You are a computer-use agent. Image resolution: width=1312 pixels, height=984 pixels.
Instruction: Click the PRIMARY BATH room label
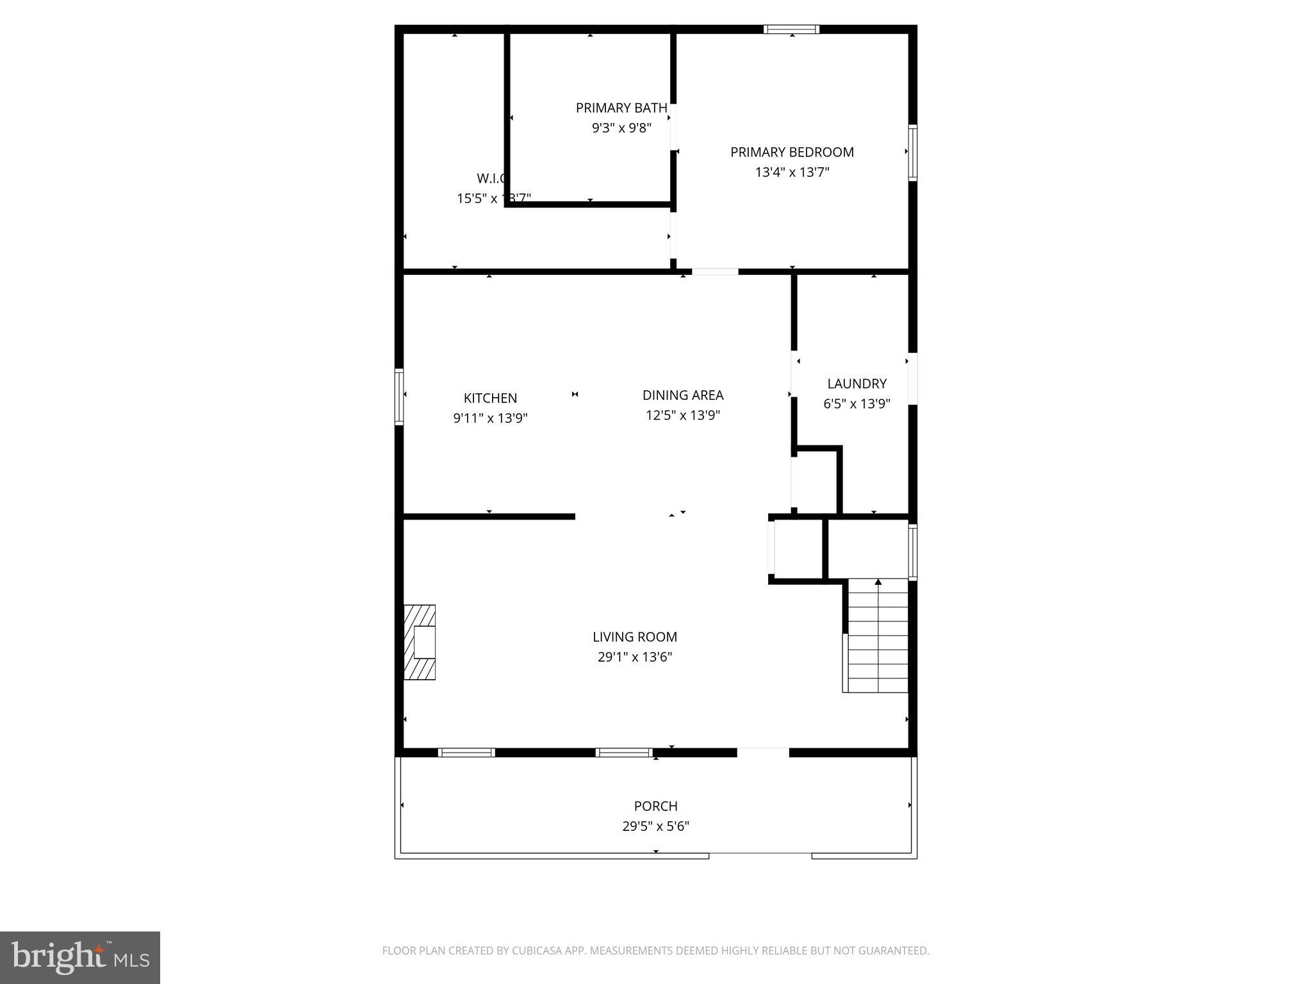tap(621, 108)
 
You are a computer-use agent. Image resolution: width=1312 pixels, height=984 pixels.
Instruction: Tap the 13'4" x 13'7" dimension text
tap(792, 172)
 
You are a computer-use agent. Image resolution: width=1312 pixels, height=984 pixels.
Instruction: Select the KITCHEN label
tap(490, 398)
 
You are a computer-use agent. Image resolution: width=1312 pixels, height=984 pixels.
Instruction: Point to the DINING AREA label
tap(683, 395)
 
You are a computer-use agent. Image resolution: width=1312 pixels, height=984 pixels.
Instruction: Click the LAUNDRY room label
tap(857, 384)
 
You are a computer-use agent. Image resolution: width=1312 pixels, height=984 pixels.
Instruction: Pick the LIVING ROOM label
tap(634, 637)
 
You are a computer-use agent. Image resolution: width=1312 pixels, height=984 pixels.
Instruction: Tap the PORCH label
tap(655, 806)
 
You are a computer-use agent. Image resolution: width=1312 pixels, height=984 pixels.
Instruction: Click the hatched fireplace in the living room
tap(420, 642)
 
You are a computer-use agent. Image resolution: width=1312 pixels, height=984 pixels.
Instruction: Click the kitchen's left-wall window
tap(399, 397)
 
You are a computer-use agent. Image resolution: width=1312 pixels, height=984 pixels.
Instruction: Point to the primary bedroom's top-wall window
tap(791, 29)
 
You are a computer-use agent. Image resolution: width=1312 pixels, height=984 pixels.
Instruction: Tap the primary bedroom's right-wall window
tap(913, 152)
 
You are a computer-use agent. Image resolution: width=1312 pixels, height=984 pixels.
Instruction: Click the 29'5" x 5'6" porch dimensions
tap(655, 826)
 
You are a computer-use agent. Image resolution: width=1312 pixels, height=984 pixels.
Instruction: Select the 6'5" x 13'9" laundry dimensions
tap(857, 404)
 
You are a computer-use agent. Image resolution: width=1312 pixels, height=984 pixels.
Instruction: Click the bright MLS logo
tap(80, 957)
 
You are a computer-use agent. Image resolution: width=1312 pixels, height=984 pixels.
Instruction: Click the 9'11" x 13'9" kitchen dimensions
tap(490, 418)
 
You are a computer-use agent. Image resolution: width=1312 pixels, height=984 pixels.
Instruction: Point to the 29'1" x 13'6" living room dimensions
tap(634, 657)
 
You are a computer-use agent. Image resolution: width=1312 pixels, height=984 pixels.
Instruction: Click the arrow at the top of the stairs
tap(878, 582)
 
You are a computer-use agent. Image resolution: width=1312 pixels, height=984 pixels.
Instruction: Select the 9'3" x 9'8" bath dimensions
tap(621, 128)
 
